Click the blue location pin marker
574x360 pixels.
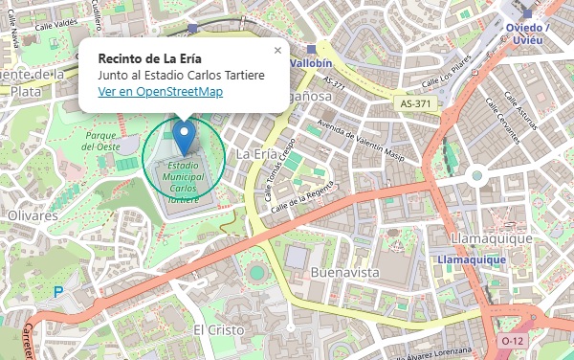[x=184, y=136]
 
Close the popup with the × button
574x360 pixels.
[x=277, y=51]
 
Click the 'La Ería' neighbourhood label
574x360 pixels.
[x=255, y=153]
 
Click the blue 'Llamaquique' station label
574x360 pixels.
[x=471, y=259]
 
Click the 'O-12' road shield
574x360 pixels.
[x=514, y=340]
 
